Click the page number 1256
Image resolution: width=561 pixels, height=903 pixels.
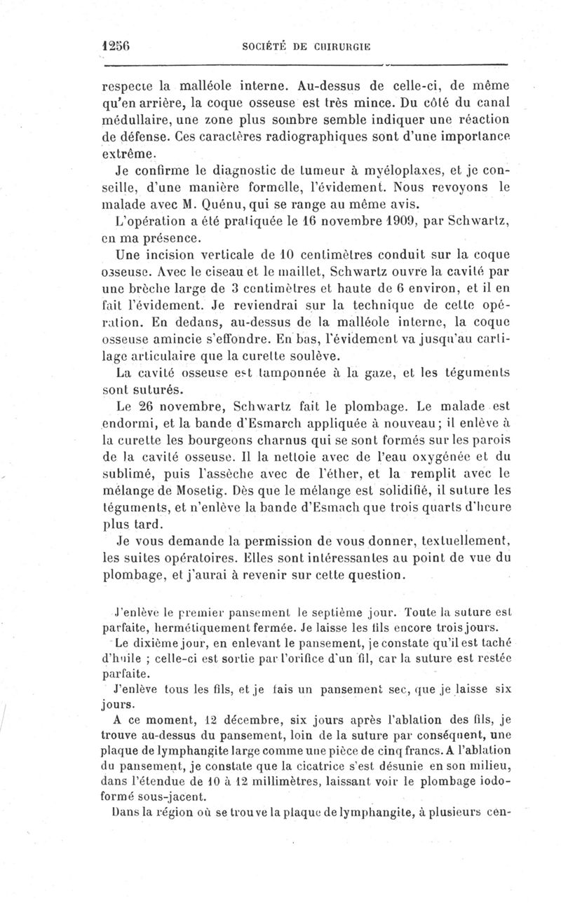(117, 46)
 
